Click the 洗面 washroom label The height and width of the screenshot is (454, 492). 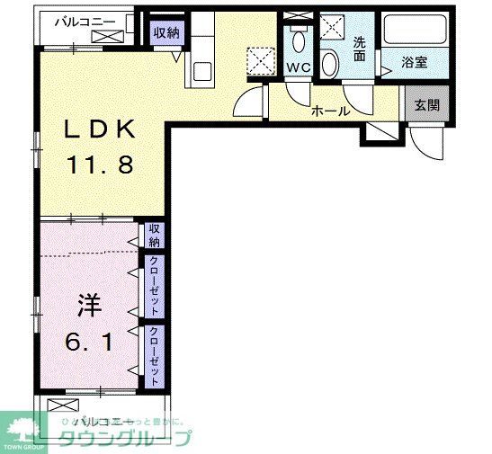click(360, 48)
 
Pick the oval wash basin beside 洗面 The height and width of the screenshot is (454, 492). click(330, 64)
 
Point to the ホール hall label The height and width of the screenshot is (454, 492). click(330, 111)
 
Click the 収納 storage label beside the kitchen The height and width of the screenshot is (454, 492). click(165, 33)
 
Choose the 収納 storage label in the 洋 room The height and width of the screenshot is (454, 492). click(155, 236)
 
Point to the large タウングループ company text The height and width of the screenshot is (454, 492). click(126, 439)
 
